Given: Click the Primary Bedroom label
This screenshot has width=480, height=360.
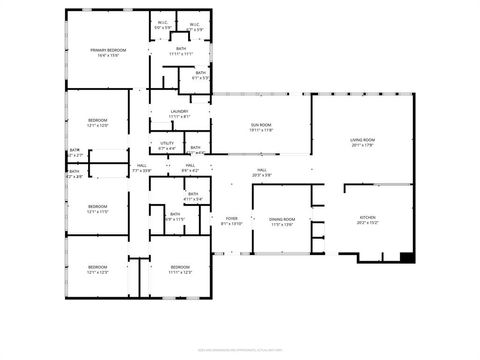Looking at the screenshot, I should (x=107, y=51).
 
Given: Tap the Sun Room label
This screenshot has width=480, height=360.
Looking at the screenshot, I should (x=261, y=126).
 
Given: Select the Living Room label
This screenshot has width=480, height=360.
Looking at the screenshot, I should (x=363, y=141).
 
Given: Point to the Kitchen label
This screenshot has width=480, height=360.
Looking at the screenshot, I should (x=368, y=219).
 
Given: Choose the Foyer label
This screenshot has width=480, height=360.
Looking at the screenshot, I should (x=232, y=220).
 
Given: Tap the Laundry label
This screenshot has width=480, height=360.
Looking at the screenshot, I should (x=180, y=112).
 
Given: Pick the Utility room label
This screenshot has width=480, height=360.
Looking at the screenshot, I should (x=167, y=144).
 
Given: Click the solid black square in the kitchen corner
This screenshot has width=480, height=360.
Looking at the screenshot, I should (x=407, y=258).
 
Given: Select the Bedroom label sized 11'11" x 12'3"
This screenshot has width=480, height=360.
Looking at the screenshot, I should (x=180, y=269).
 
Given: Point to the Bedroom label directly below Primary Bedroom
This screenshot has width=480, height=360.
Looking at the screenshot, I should (x=97, y=122).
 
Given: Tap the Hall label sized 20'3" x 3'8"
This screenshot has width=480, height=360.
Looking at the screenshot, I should (x=262, y=171).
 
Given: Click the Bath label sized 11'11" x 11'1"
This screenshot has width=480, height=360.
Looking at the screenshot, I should (x=181, y=49).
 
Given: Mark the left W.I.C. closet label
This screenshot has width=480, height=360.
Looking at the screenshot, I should (x=163, y=24).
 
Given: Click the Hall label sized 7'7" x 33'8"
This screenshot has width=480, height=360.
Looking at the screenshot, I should (x=142, y=167).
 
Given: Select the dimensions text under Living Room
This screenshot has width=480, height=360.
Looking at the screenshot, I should (x=363, y=146).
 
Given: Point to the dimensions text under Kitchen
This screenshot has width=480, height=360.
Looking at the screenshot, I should (x=368, y=224).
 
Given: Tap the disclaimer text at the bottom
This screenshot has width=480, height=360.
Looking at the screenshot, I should (x=240, y=349).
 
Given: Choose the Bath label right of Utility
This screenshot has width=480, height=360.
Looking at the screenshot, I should (x=196, y=149).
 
